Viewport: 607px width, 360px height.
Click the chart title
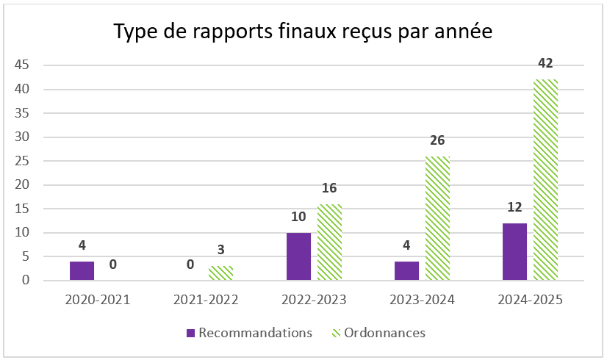coord(302,33)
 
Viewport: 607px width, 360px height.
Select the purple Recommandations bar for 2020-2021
coord(82,270)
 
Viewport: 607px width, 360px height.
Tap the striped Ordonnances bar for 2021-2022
coord(220,273)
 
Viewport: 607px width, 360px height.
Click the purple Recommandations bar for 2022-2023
coord(298,256)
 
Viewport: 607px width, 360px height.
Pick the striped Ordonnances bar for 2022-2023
coord(329,242)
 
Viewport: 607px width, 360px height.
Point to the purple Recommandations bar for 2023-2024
coord(406,270)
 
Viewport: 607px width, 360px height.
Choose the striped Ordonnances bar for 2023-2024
coord(437,218)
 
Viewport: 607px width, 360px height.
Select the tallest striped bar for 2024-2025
coord(545,180)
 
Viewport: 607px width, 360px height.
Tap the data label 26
coord(437,140)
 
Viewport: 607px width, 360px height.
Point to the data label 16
coord(329,188)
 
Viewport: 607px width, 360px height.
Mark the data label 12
coord(514,207)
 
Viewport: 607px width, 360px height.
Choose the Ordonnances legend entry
coord(378,333)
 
